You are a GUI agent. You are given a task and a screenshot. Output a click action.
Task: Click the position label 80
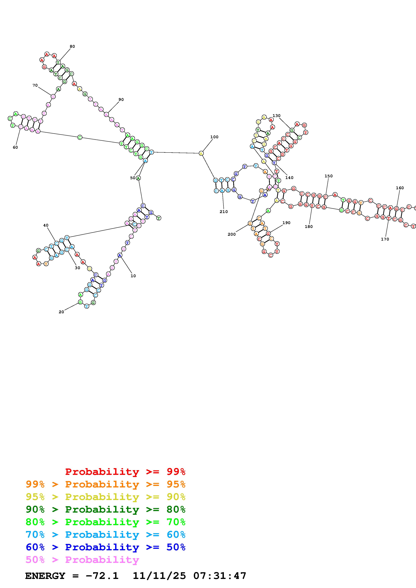(x=72, y=46)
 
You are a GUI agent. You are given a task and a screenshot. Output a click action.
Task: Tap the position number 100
(x=214, y=137)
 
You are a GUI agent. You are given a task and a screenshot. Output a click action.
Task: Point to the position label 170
(x=385, y=239)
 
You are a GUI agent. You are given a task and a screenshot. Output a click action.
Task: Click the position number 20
(x=61, y=312)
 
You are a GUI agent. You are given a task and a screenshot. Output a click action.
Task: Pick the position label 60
(x=15, y=148)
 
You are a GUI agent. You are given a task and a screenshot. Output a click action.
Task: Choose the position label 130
(x=276, y=116)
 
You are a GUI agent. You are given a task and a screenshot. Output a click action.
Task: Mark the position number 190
(x=286, y=223)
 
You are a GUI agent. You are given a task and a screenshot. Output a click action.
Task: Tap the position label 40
(x=46, y=225)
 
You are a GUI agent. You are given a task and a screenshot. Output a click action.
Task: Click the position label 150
(x=328, y=176)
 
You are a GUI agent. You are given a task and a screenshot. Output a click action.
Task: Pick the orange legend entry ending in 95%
(x=106, y=484)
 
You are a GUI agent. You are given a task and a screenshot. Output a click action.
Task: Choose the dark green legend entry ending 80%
(x=106, y=509)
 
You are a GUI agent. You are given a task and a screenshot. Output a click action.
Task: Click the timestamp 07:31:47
(x=220, y=576)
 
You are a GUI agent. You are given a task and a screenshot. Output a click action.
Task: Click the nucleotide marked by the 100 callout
(x=201, y=153)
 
